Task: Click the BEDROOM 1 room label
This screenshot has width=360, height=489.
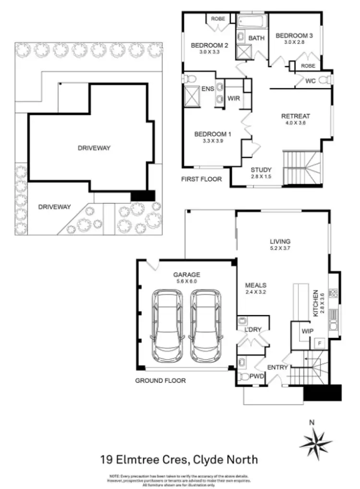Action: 213,134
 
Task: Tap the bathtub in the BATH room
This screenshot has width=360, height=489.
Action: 252,22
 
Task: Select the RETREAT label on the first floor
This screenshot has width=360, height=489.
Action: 296,116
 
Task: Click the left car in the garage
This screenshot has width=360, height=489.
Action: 168,328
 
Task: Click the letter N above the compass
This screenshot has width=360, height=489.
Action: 312,423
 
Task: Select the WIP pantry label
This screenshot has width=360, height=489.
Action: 307,331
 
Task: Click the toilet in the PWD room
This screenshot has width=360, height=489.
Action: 243,377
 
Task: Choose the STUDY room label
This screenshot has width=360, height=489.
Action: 261,169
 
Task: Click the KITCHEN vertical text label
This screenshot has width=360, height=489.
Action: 315,303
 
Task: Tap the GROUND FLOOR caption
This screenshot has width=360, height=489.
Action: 160,381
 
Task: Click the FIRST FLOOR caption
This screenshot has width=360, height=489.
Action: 201,179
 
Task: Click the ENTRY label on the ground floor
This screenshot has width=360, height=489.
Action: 277,368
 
